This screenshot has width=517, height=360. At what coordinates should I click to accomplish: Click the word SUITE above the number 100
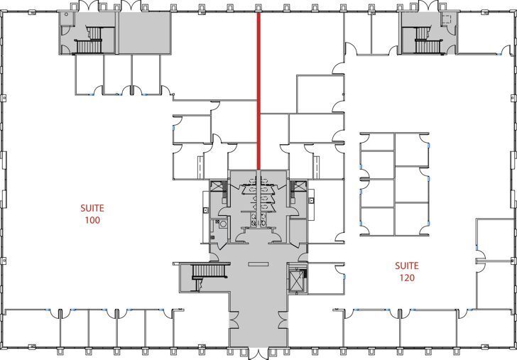(x=92, y=209)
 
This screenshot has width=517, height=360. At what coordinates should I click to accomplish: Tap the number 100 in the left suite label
(x=92, y=220)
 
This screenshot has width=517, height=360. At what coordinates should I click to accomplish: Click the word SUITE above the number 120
(x=407, y=266)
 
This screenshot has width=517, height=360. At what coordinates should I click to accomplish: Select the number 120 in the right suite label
(x=407, y=278)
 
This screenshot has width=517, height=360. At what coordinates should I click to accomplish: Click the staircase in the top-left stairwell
(x=90, y=39)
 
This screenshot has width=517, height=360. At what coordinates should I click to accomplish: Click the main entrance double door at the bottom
(x=258, y=352)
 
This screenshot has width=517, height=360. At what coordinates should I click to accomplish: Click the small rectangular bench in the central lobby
(x=256, y=264)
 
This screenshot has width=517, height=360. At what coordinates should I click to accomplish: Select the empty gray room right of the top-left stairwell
(x=144, y=34)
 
